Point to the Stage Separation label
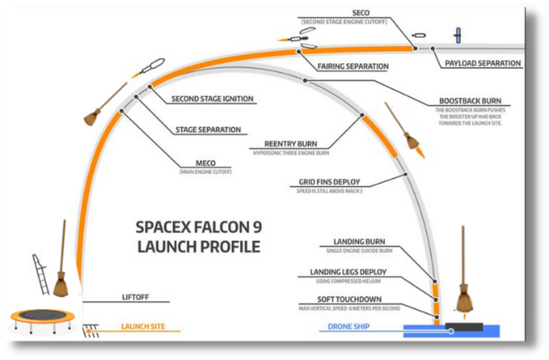[x=207, y=130]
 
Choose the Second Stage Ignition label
[x=212, y=99]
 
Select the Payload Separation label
[x=483, y=63]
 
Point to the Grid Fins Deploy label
[x=329, y=181]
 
